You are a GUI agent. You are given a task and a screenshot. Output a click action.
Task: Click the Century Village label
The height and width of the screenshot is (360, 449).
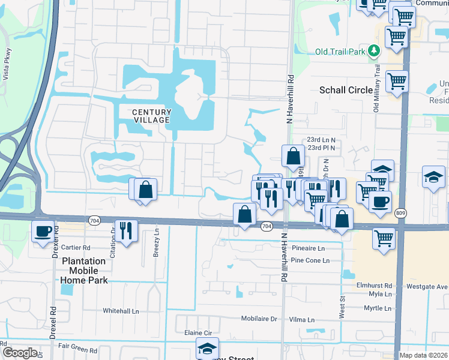(x=151, y=116)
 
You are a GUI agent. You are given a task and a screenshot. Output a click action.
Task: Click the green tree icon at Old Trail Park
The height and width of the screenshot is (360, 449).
(x=375, y=51)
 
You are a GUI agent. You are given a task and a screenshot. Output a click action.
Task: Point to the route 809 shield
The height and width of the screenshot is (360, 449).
(x=401, y=212)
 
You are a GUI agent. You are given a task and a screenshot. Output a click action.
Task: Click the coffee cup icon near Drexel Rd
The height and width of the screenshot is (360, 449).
(x=43, y=230)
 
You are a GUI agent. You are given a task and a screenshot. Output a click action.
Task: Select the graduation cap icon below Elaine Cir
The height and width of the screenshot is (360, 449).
(x=207, y=347)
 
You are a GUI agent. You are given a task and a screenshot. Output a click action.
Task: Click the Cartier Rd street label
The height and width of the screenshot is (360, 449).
(x=76, y=247)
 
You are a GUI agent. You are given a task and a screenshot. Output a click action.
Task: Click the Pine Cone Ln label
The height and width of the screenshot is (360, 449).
(x=310, y=261)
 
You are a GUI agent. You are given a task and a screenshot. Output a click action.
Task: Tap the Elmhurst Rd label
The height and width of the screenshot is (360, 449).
(x=373, y=286)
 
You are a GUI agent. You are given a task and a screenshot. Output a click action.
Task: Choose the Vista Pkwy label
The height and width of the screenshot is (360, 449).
(x=8, y=64)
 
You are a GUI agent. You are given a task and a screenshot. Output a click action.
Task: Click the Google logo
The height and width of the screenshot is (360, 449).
(x=19, y=353)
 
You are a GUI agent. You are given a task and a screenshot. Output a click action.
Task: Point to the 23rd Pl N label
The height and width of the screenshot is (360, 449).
(x=321, y=148)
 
